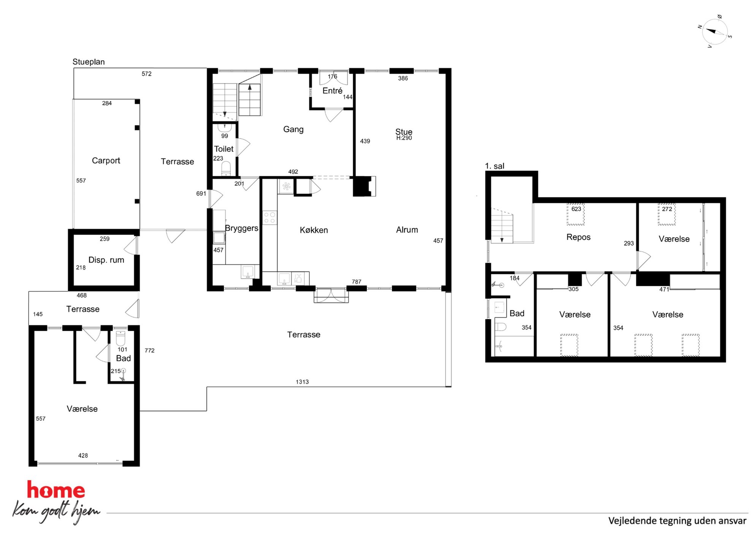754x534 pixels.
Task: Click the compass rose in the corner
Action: pos(714,32)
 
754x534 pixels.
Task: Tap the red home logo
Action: pos(56,490)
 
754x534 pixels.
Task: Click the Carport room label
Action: pos(106,161)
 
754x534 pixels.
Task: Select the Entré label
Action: pos(332,91)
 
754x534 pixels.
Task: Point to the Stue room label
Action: pos(404,132)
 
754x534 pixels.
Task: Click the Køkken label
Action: pos(314,230)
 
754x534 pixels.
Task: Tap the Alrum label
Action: pos(407,230)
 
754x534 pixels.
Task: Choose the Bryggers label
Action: pos(242,228)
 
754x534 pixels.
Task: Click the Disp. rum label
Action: pos(106,260)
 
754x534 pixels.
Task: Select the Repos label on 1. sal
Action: pos(578,237)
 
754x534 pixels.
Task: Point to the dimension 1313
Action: pos(302,382)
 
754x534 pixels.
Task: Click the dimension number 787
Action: pos(356,282)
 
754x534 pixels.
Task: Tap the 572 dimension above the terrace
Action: pos(147,74)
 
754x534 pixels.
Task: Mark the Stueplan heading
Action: pos(89,62)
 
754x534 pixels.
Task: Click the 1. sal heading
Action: pos(495,166)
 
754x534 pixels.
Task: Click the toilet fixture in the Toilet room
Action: pos(226,168)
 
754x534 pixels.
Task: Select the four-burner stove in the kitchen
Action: pos(269,218)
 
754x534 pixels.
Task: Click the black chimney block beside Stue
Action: pos(362,186)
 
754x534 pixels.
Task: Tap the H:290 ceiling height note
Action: pos(404,138)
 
